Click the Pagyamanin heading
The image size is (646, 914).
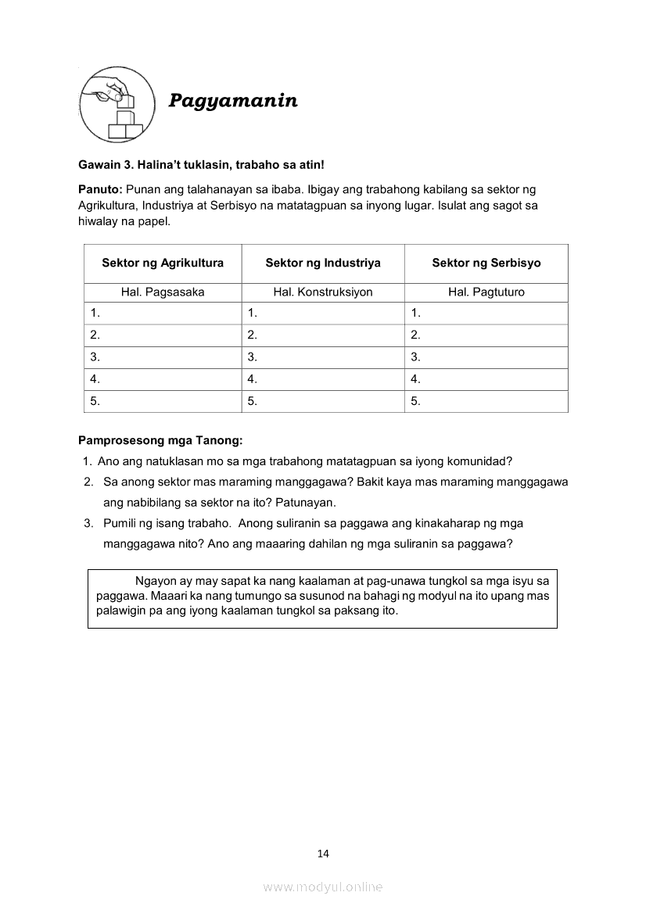click(x=233, y=101)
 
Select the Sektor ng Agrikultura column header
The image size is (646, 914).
click(x=163, y=263)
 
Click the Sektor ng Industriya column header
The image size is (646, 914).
click(x=323, y=263)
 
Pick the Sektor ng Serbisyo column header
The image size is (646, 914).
click(x=486, y=263)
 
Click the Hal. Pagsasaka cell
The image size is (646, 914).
click(x=163, y=292)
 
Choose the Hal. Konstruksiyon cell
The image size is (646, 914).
click(x=323, y=292)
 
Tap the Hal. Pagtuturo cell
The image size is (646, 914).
click(x=486, y=292)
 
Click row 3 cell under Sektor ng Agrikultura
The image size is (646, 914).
click(x=163, y=357)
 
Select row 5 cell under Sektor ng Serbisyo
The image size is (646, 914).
click(x=486, y=402)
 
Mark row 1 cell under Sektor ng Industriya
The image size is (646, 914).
click(x=323, y=313)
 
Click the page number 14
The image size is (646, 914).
click(x=323, y=853)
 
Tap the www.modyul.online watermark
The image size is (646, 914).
click(x=323, y=887)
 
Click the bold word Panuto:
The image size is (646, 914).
click(x=100, y=189)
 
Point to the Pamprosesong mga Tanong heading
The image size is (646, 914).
click(x=160, y=440)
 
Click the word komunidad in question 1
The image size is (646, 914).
click(x=478, y=461)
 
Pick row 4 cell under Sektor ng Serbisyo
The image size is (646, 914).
click(x=486, y=379)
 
